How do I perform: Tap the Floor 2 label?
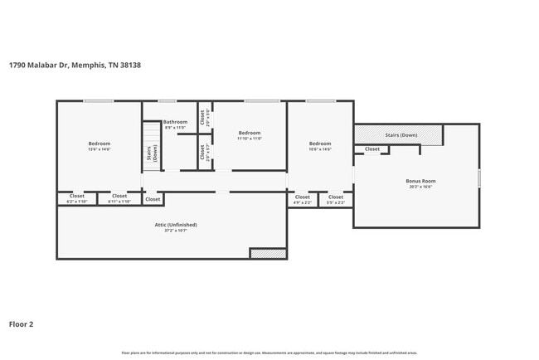point(21,324)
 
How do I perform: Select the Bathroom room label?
point(175,122)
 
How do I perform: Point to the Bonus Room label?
point(420,181)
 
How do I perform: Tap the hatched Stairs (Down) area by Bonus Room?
point(398,134)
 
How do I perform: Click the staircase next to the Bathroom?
point(150,146)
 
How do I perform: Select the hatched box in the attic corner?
point(268,253)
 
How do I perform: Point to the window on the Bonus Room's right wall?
point(479,178)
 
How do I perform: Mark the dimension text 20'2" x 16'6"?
point(420,187)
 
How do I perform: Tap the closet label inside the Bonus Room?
point(372,149)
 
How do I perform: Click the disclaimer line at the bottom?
point(269,353)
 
